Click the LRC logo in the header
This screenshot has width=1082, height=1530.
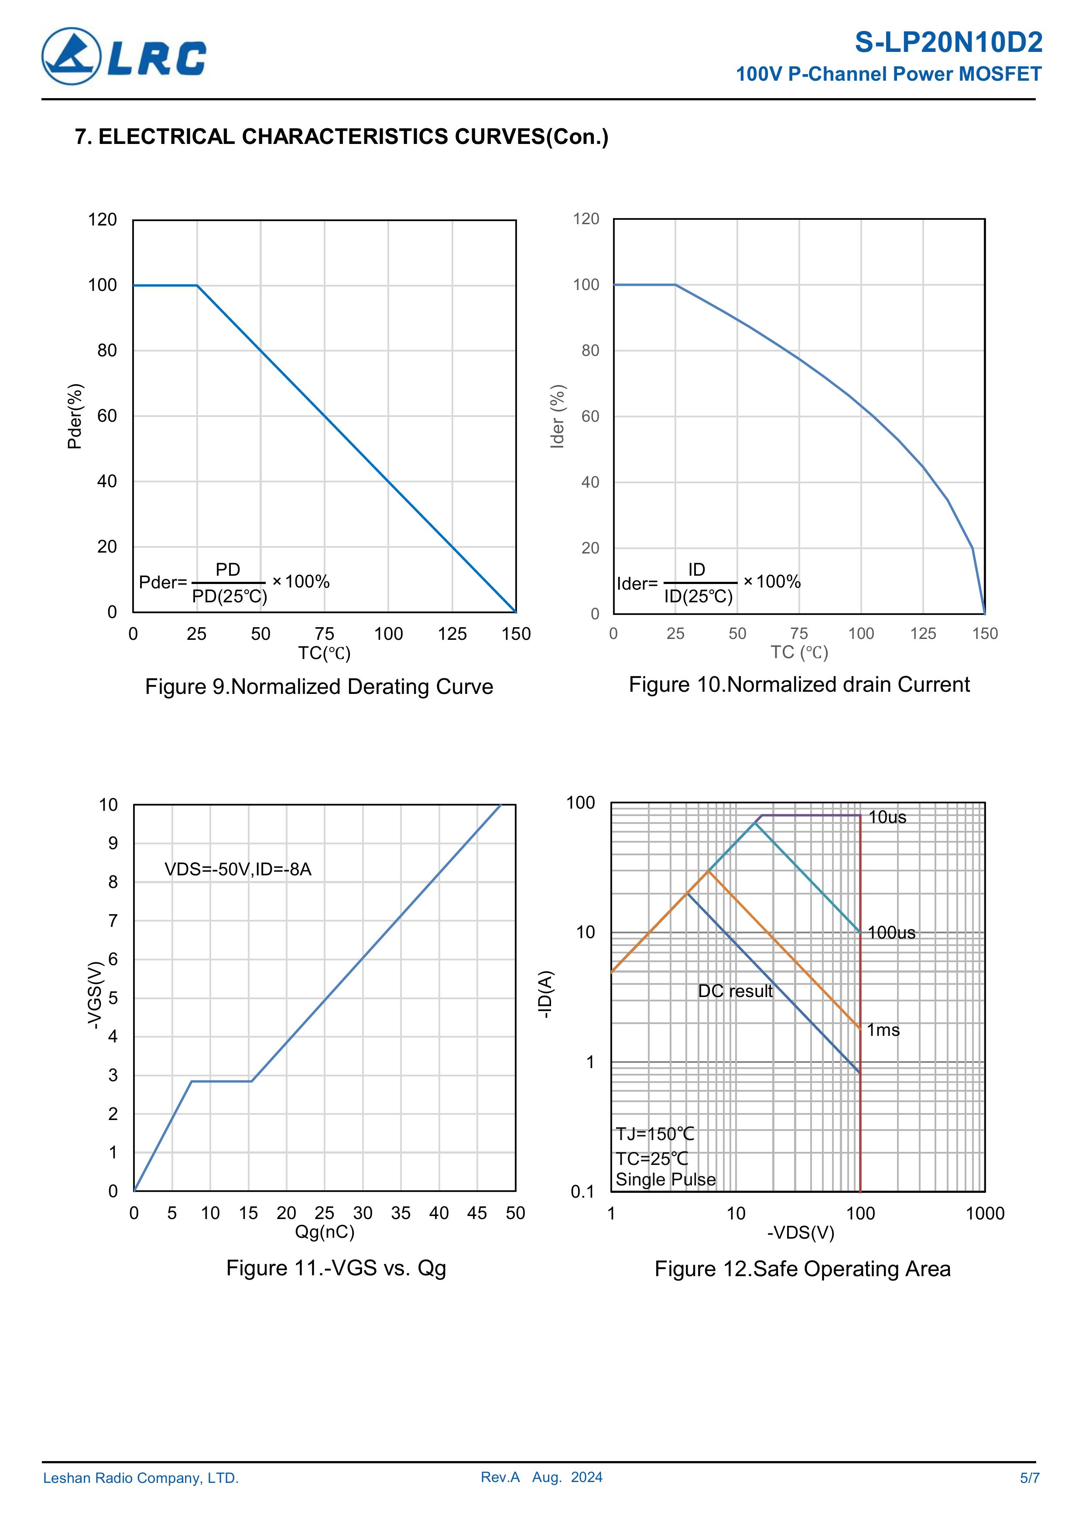pos(124,57)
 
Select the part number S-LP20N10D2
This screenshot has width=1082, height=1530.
pos(948,43)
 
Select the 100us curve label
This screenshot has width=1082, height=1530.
pos(891,933)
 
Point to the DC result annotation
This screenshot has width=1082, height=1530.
pos(735,991)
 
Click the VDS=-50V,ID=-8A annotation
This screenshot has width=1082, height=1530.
pos(238,870)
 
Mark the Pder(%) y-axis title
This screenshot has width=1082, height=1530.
pos(75,417)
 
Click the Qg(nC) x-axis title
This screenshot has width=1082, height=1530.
pos(325,1232)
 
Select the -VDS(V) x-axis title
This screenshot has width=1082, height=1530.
pos(801,1233)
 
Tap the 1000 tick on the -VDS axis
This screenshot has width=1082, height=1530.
pos(985,1213)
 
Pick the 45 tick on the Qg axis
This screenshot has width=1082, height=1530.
pos(477,1213)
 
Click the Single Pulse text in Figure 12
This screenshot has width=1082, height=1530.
pos(665,1179)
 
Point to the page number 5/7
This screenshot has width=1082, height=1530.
pos(1029,1478)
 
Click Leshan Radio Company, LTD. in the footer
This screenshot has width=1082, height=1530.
pos(140,1478)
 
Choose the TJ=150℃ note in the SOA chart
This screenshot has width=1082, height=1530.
pos(655,1134)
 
